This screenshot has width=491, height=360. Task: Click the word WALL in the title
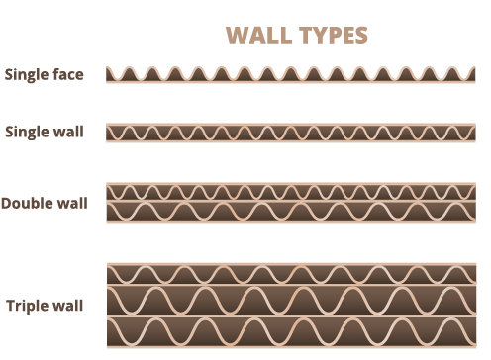point(258,36)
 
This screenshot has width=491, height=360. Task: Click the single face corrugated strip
point(293,75)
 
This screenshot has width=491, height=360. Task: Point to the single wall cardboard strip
point(293,133)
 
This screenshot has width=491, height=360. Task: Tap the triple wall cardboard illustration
point(293,304)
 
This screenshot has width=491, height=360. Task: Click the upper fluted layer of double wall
point(293,192)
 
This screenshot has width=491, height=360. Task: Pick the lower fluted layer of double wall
point(293,212)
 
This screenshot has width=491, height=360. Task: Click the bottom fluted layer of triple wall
point(293,332)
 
